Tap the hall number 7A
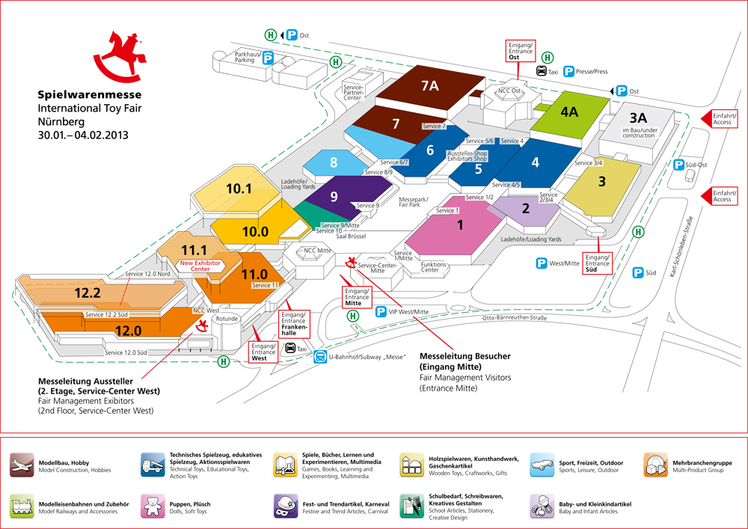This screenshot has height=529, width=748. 429,86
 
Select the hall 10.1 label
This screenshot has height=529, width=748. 239,189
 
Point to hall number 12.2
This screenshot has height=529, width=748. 88,294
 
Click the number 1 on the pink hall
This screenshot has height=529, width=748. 460,224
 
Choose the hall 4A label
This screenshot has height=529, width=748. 568,112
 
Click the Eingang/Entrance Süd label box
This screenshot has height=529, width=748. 598,263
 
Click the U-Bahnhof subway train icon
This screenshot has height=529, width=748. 320,357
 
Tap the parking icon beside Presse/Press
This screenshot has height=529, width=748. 568,72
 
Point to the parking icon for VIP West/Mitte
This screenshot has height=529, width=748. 381,311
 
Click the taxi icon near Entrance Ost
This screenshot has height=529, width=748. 542,72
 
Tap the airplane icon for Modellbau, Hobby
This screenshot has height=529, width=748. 22,464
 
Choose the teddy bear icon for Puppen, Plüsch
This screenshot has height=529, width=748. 153,507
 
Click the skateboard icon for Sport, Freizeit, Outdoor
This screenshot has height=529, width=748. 542,465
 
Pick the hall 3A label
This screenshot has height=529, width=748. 638,118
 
